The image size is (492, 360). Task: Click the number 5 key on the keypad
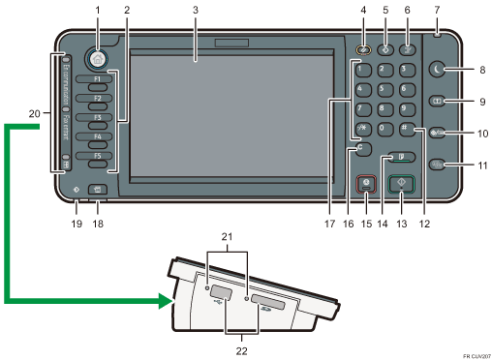click(x=384, y=91)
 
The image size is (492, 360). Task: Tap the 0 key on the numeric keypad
click(x=384, y=130)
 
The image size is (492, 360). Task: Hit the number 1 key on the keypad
click(x=362, y=71)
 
